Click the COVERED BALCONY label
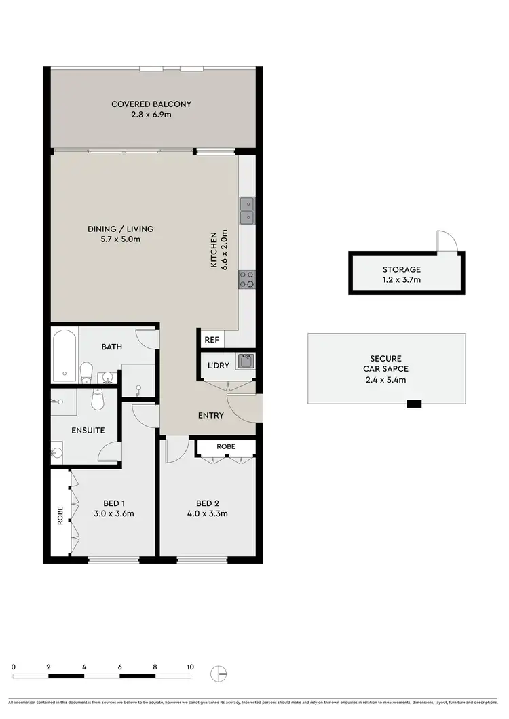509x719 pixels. pyautogui.click(x=151, y=104)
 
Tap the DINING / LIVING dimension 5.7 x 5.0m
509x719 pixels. pyautogui.click(x=120, y=239)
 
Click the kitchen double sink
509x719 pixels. pyautogui.click(x=246, y=210)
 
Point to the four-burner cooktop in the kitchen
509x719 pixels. pyautogui.click(x=246, y=279)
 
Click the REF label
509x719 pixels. pyautogui.click(x=210, y=338)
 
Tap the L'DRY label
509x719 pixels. pyautogui.click(x=218, y=365)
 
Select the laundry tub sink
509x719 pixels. pyautogui.click(x=245, y=361)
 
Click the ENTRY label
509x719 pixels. pyautogui.click(x=211, y=416)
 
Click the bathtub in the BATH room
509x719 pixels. pyautogui.click(x=64, y=355)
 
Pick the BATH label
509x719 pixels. pyautogui.click(x=111, y=347)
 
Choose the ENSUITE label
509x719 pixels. pyautogui.click(x=88, y=430)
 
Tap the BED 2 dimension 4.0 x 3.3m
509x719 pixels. pyautogui.click(x=211, y=513)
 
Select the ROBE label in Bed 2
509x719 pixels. pyautogui.click(x=226, y=447)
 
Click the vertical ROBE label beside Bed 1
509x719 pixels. pyautogui.click(x=60, y=516)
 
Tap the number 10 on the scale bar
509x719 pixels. pyautogui.click(x=190, y=667)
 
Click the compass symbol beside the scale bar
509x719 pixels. pyautogui.click(x=219, y=674)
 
